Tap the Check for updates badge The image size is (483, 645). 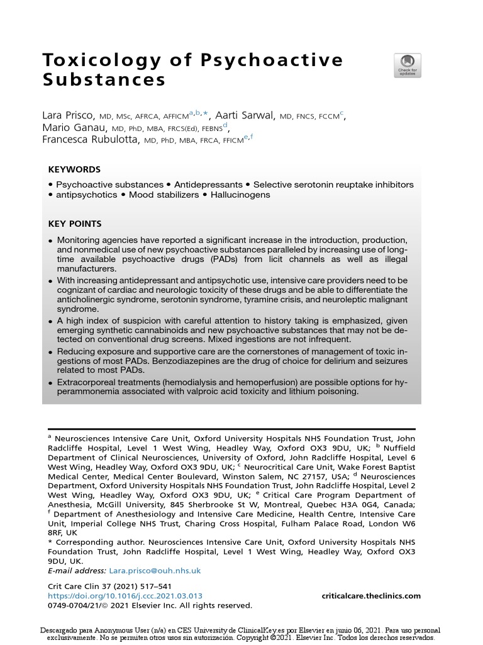tap(408, 66)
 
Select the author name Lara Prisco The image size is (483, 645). tap(69, 116)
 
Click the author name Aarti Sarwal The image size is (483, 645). tap(245, 116)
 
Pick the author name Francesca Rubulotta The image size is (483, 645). tap(91, 140)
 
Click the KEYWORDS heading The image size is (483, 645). tap(74, 170)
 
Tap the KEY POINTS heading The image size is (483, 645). tap(75, 224)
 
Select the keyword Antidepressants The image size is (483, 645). tap(208, 185)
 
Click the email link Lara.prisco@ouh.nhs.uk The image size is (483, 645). tap(155, 570)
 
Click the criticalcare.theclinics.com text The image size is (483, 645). tap(371, 596)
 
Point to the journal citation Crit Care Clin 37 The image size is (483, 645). tap(87, 586)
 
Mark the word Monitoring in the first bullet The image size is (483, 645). tap(80, 241)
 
